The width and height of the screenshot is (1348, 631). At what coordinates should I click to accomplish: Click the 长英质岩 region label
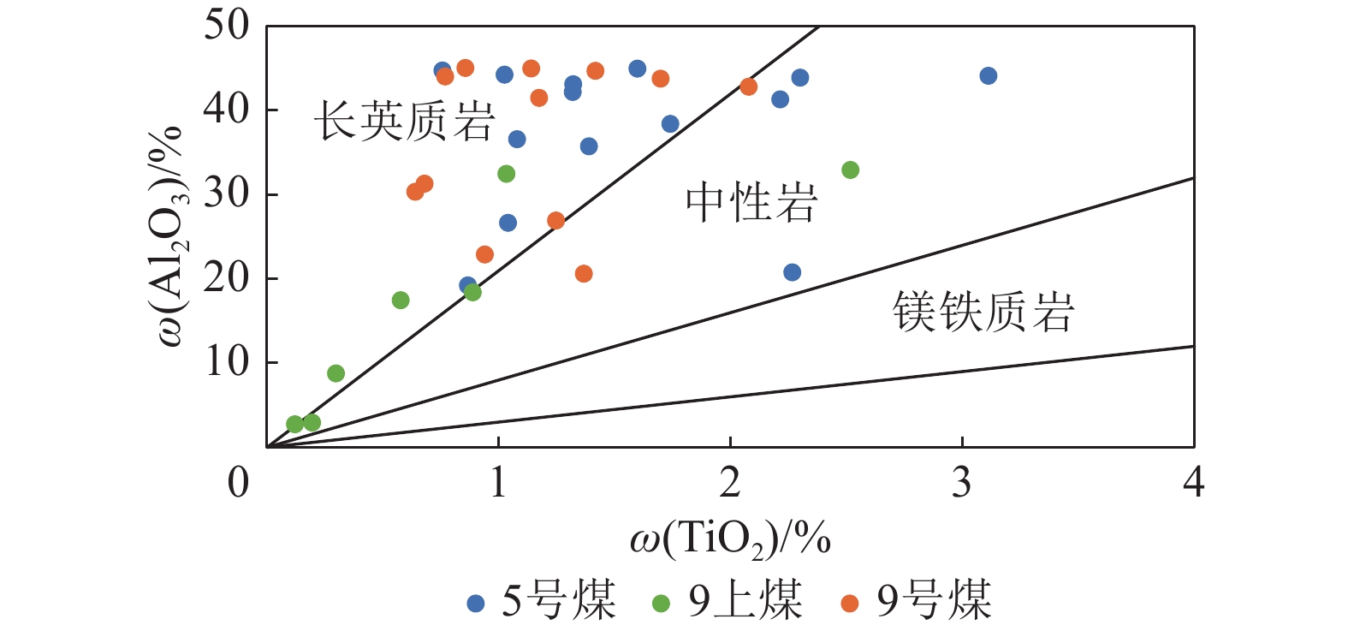pyautogui.click(x=404, y=121)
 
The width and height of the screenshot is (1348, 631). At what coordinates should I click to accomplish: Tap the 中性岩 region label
pyautogui.click(x=751, y=203)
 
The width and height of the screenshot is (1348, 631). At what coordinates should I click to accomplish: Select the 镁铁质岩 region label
pyautogui.click(x=983, y=311)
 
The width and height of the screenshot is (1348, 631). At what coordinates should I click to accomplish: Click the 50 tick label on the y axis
pyautogui.click(x=226, y=25)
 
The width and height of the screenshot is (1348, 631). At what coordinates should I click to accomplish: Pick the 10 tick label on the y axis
pyautogui.click(x=226, y=362)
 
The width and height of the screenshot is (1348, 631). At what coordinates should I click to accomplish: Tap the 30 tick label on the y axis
pyautogui.click(x=226, y=193)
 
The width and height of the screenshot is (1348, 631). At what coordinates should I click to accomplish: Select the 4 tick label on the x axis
pyautogui.click(x=1193, y=483)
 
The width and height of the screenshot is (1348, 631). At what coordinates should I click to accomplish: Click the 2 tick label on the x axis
pyautogui.click(x=730, y=483)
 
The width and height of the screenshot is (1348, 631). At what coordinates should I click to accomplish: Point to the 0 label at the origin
pyautogui.click(x=239, y=483)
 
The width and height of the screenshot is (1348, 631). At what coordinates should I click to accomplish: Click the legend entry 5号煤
pyautogui.click(x=542, y=601)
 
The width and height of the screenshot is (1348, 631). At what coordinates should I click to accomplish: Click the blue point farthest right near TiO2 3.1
pyautogui.click(x=988, y=76)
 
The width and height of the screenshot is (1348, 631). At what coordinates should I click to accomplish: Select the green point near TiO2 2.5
pyautogui.click(x=850, y=170)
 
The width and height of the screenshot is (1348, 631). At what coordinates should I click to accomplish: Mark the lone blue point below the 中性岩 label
pyautogui.click(x=792, y=272)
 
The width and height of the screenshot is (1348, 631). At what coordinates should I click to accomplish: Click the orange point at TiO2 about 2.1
pyautogui.click(x=748, y=86)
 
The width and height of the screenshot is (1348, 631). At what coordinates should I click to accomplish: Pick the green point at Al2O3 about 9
pyautogui.click(x=336, y=373)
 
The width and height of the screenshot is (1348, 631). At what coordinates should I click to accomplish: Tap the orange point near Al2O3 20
pyautogui.click(x=584, y=274)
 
